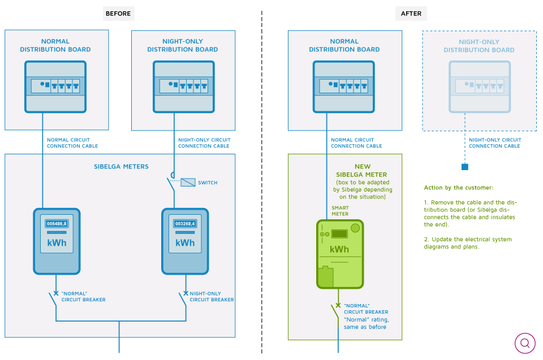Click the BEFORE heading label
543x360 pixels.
click(x=118, y=14)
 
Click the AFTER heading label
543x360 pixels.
click(x=411, y=14)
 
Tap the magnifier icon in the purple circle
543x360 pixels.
click(x=525, y=343)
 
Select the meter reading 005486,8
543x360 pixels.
click(x=57, y=224)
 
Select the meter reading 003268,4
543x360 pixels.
click(x=185, y=224)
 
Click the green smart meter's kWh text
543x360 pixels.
click(x=339, y=249)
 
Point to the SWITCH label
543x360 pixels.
click(x=208, y=183)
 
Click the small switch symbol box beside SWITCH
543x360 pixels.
click(x=188, y=182)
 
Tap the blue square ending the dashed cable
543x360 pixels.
click(x=465, y=167)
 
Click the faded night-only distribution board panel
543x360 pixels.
click(x=480, y=86)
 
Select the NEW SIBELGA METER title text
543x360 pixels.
click(x=361, y=170)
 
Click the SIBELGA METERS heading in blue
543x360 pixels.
click(x=121, y=167)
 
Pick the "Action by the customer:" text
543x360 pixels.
click(x=459, y=188)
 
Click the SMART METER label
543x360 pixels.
click(x=340, y=211)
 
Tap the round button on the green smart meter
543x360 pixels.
click(x=355, y=228)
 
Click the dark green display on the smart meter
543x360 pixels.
click(x=339, y=234)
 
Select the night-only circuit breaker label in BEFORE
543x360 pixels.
click(x=212, y=297)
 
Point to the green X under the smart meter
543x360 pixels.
click(x=338, y=305)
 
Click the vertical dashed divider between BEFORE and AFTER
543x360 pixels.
click(x=262, y=182)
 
